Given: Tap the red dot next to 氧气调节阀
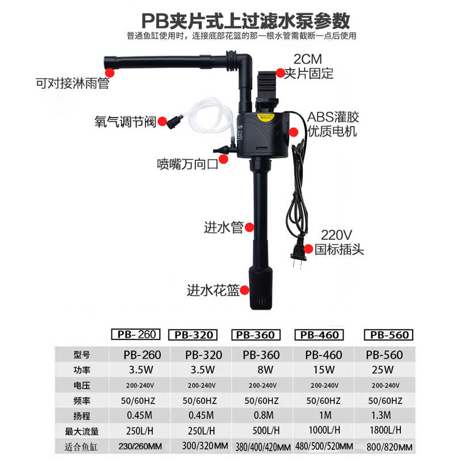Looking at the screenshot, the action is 163,121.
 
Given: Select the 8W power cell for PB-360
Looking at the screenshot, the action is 263,369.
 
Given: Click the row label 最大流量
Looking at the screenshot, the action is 82,430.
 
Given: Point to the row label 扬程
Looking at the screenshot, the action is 82,415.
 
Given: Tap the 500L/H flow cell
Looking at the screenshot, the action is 263,429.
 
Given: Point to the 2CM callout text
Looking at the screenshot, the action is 308,58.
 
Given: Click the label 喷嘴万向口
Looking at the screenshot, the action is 188,164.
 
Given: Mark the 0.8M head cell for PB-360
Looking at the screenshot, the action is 263,414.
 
